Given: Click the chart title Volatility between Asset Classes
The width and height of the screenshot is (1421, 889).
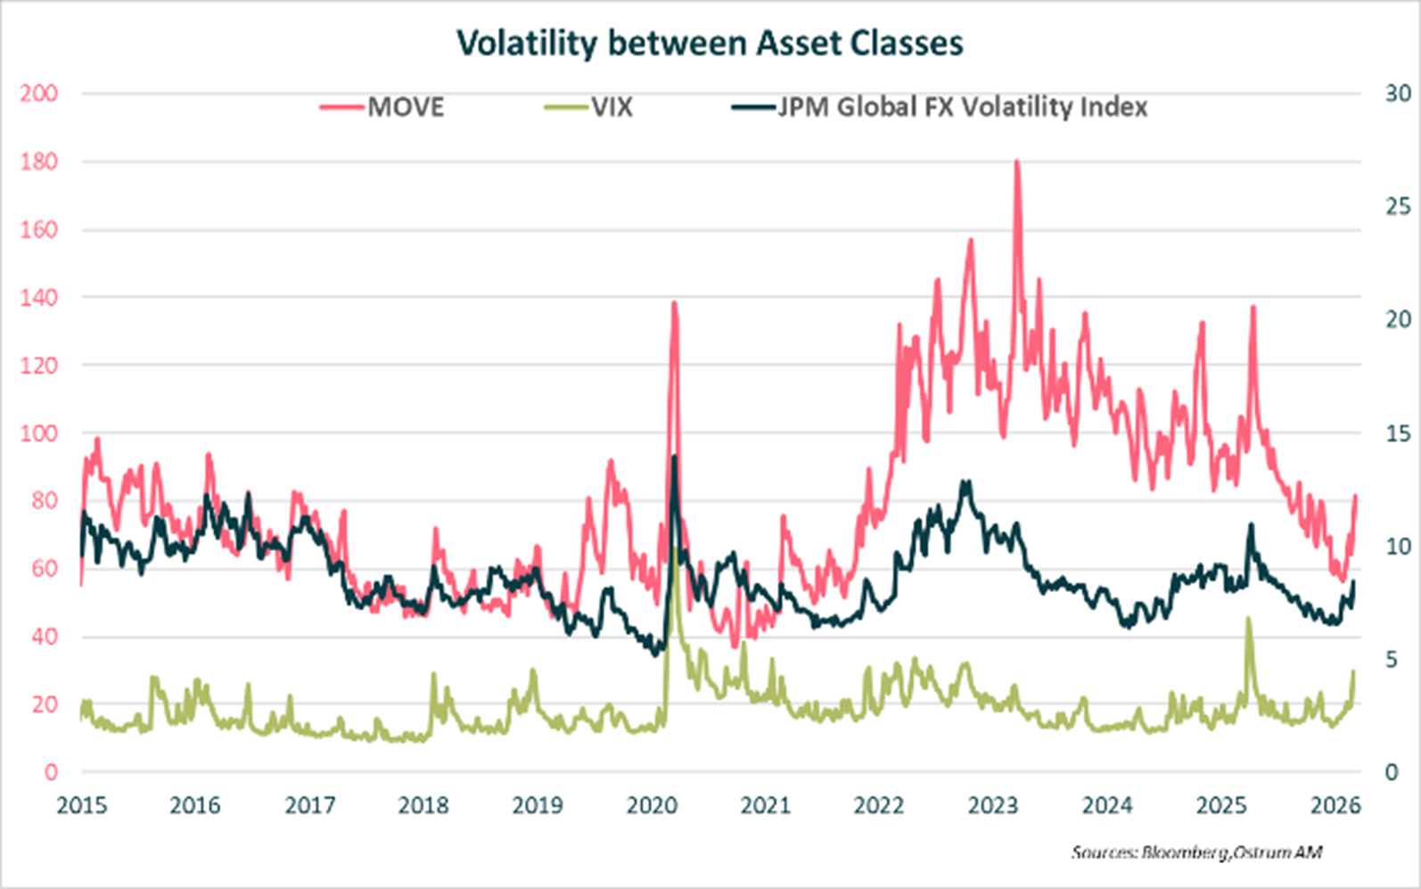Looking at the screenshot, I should pyautogui.click(x=710, y=43).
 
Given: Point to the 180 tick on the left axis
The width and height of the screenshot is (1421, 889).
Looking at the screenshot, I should pyautogui.click(x=38, y=161).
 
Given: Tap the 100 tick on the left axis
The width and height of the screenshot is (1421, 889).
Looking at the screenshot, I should pyautogui.click(x=38, y=433).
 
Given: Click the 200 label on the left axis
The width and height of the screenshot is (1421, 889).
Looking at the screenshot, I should pyautogui.click(x=38, y=94).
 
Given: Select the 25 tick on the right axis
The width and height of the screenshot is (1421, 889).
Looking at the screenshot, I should pyautogui.click(x=1398, y=206).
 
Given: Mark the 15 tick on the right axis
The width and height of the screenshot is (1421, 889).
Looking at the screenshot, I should pyautogui.click(x=1398, y=433).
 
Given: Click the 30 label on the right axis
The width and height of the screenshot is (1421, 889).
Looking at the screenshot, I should pyautogui.click(x=1398, y=94).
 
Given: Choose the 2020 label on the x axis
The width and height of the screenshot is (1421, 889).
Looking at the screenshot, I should pyautogui.click(x=652, y=806).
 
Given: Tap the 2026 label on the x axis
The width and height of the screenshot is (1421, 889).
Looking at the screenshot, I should pyautogui.click(x=1335, y=806).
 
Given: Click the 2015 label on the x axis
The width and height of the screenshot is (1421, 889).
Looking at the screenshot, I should pyautogui.click(x=81, y=806).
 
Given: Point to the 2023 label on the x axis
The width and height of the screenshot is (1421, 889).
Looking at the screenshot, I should pyautogui.click(x=992, y=806).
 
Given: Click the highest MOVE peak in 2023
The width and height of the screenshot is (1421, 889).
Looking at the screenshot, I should pyautogui.click(x=1017, y=162).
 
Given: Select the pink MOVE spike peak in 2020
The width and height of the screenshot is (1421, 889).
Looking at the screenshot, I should pyautogui.click(x=674, y=303).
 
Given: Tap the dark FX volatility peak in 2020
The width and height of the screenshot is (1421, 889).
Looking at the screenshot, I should pyautogui.click(x=674, y=457).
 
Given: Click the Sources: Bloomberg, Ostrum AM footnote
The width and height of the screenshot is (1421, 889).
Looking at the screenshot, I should pyautogui.click(x=1196, y=852).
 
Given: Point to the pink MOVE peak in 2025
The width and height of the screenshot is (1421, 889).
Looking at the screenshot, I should pyautogui.click(x=1253, y=308).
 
